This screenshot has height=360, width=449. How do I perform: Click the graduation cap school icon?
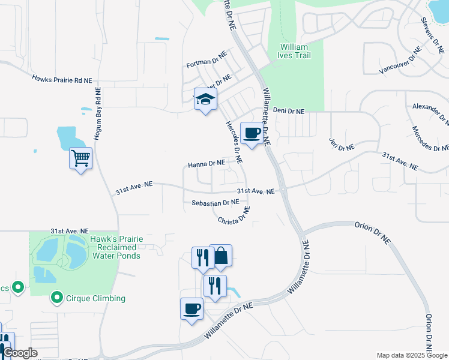205,100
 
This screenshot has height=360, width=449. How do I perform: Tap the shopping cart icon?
80,158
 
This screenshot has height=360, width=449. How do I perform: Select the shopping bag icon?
221,256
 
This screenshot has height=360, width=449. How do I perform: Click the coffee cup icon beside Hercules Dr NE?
252,133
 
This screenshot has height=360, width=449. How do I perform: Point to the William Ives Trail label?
294,52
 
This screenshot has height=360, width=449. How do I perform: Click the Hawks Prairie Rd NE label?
62,79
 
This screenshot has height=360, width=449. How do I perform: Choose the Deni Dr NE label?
289,111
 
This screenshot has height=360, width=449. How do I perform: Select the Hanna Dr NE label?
206,163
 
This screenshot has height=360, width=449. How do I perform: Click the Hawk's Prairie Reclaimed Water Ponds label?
116,247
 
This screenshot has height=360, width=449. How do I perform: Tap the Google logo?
20,353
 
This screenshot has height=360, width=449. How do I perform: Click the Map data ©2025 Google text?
412,355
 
